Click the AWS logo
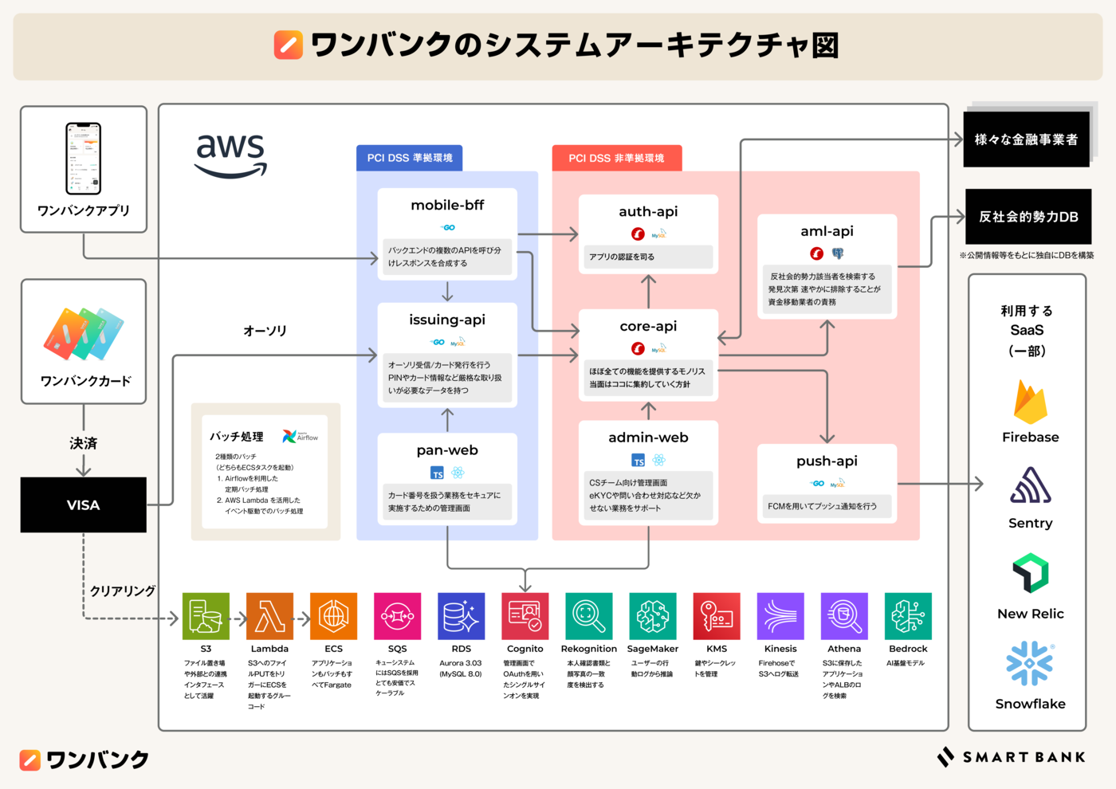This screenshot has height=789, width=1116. point(230,155)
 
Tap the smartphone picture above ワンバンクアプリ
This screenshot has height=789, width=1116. point(83,159)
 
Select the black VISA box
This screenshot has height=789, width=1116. point(84,505)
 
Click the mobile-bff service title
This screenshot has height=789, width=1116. point(447,205)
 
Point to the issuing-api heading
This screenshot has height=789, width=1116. point(447,320)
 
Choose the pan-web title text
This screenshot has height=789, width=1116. point(447,450)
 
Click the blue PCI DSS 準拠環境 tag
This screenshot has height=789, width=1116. point(410,158)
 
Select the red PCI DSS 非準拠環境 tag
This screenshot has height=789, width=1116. point(616,158)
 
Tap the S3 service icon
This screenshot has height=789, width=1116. point(206,616)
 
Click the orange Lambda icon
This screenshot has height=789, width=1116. point(269,616)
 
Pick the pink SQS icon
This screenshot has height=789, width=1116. point(397,616)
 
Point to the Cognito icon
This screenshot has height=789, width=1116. point(525,616)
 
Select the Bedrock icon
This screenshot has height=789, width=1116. point(908,616)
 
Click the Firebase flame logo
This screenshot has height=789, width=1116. point(1030,402)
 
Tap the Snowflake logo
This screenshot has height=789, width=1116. point(1030,663)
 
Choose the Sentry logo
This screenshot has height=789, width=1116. point(1030,486)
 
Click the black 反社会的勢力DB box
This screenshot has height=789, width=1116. point(1028,217)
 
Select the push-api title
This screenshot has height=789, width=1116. point(827,461)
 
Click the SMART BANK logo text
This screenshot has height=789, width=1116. point(1024,757)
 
